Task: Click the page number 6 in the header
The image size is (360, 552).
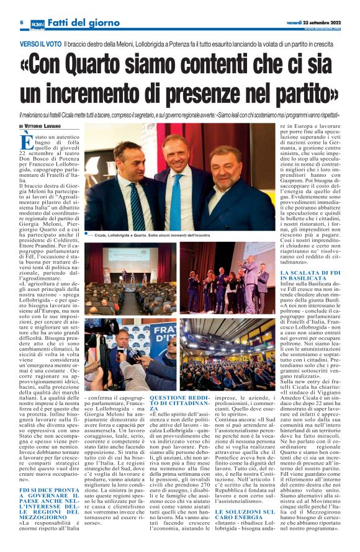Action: pos(21,22)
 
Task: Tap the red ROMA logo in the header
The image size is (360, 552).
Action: pos(38,23)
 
